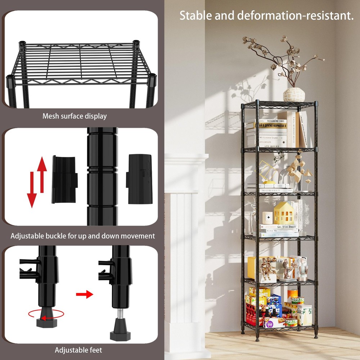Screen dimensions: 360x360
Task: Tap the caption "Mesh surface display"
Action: [x=75, y=116]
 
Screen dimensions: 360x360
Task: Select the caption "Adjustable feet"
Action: [x=78, y=350]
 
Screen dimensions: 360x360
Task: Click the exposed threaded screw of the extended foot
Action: [x=120, y=316]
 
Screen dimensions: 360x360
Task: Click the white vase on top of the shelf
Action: [x=294, y=94]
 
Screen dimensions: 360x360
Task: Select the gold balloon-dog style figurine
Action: [x=267, y=267]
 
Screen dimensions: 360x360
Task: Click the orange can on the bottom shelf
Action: [x=293, y=293]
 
